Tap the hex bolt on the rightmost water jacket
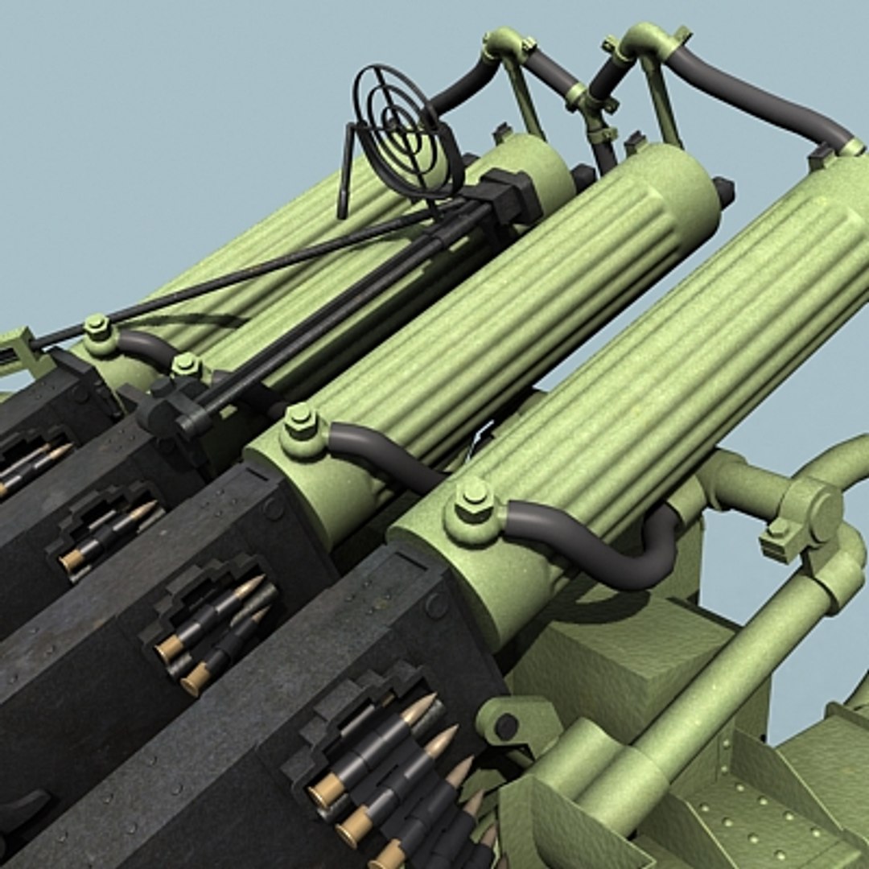tap(474, 499)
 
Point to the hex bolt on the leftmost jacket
tap(97, 327)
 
